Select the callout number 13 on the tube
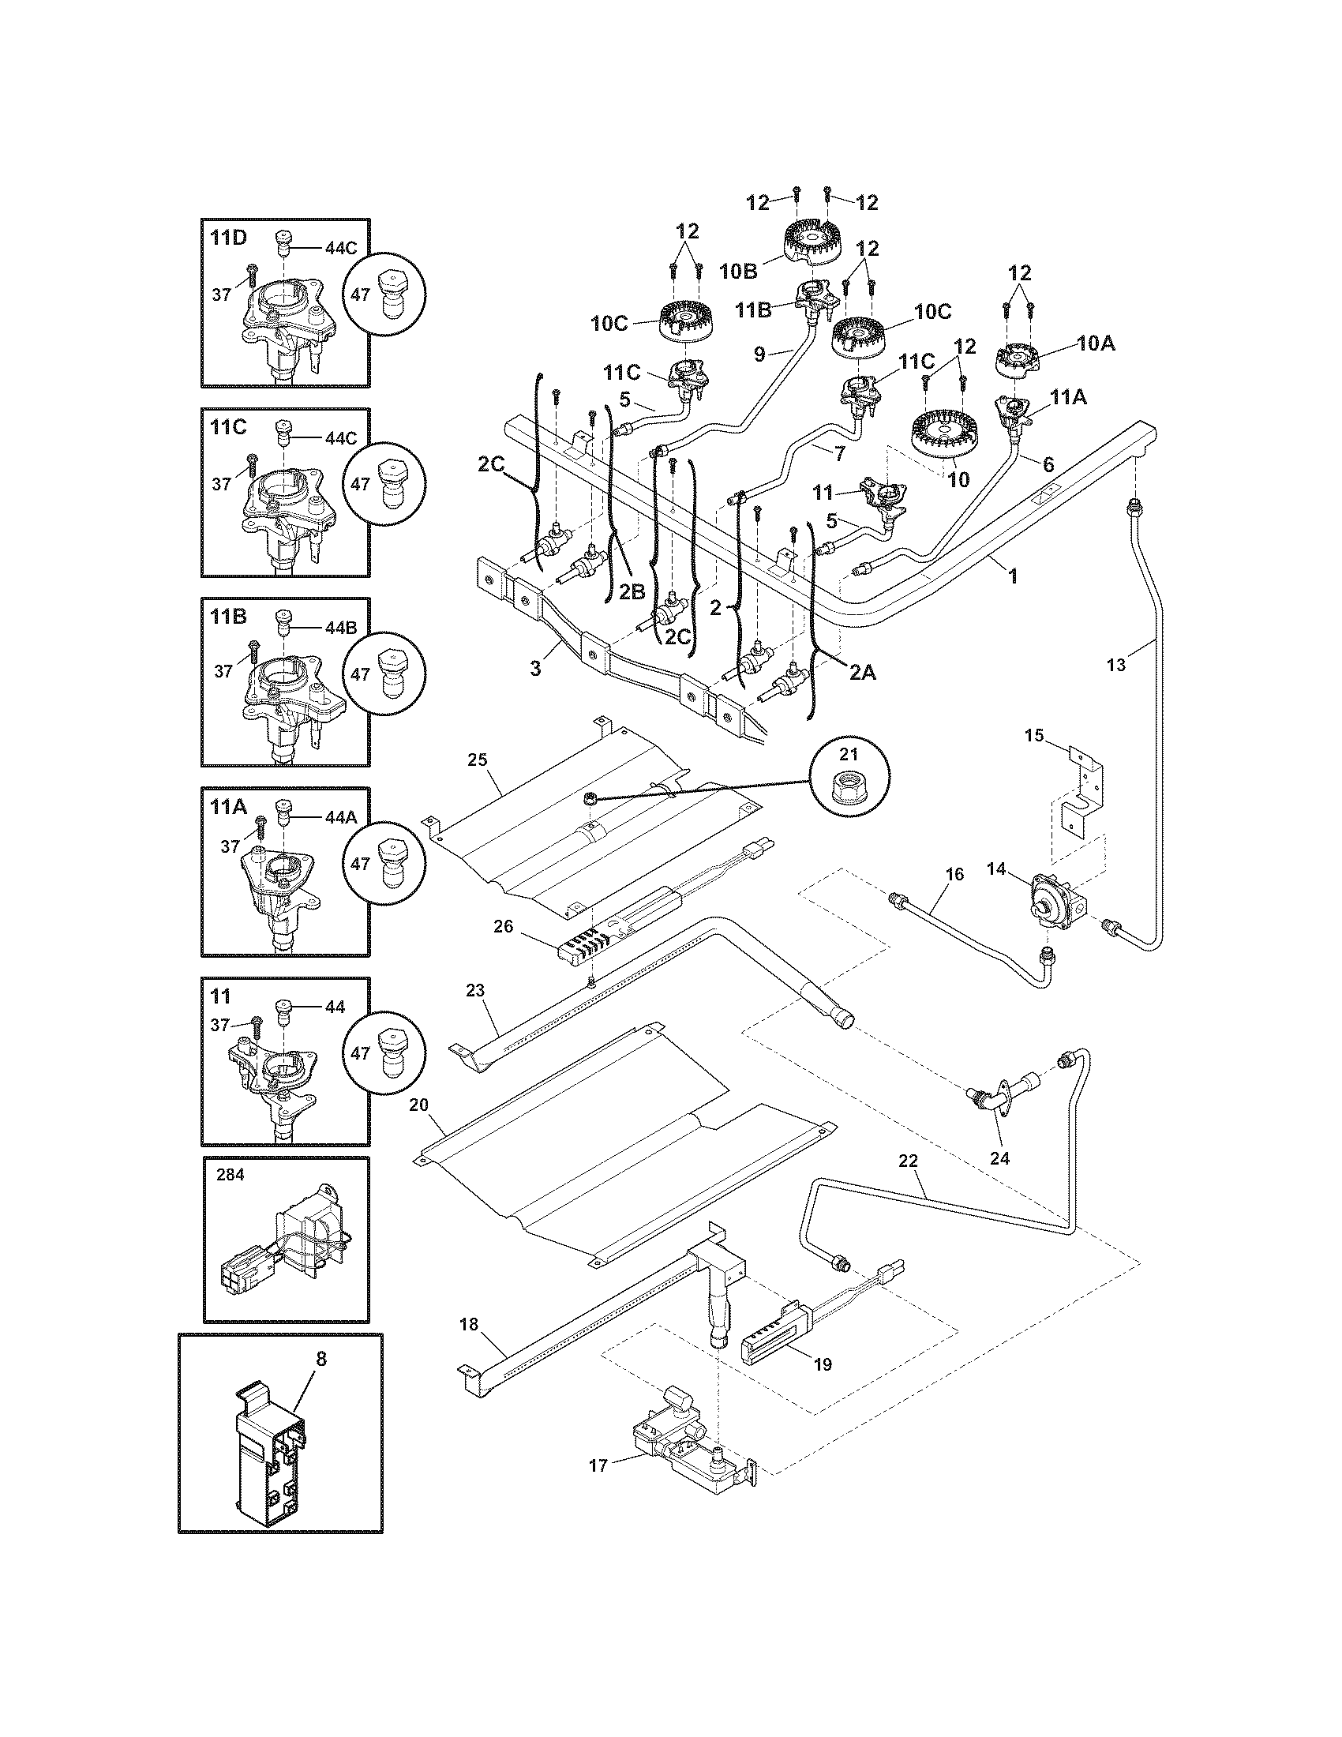point(1115,666)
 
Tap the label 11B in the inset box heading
point(228,617)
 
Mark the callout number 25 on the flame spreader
point(477,760)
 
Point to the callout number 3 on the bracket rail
point(535,669)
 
